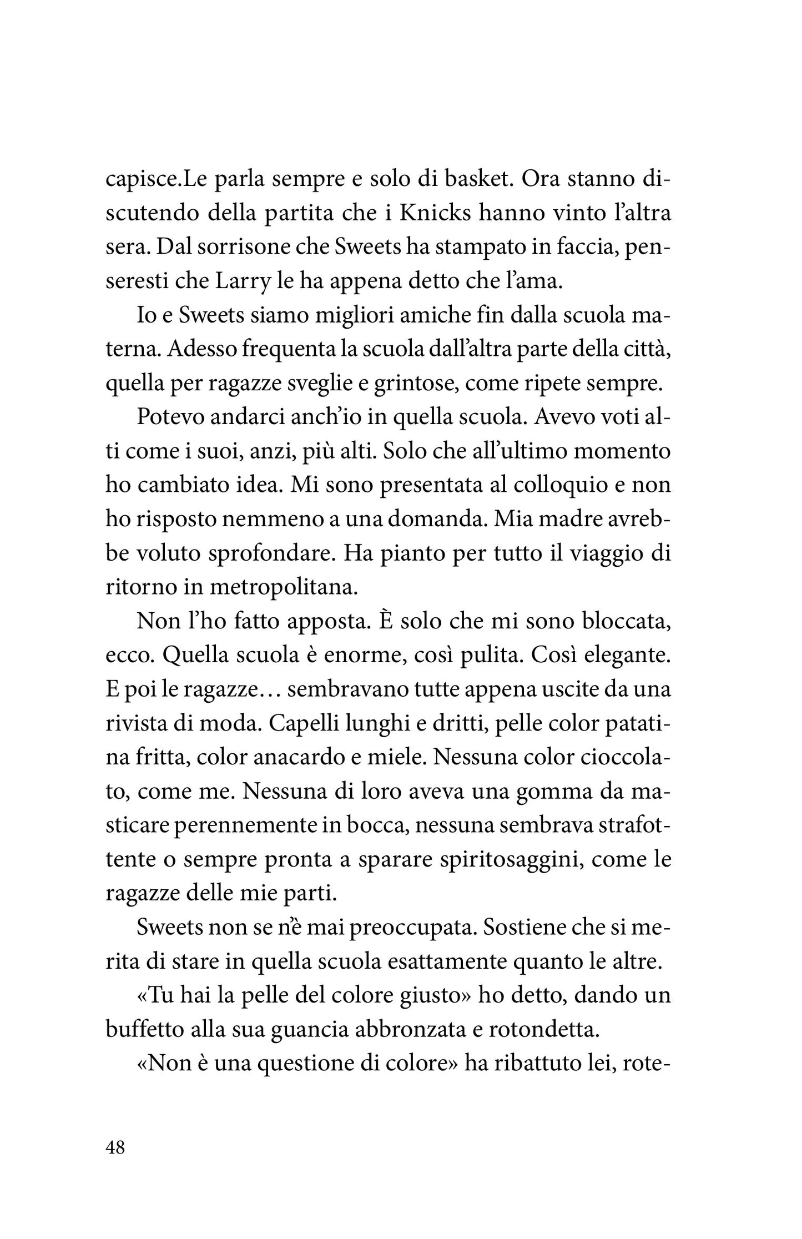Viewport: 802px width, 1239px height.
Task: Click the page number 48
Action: coord(115,1148)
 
